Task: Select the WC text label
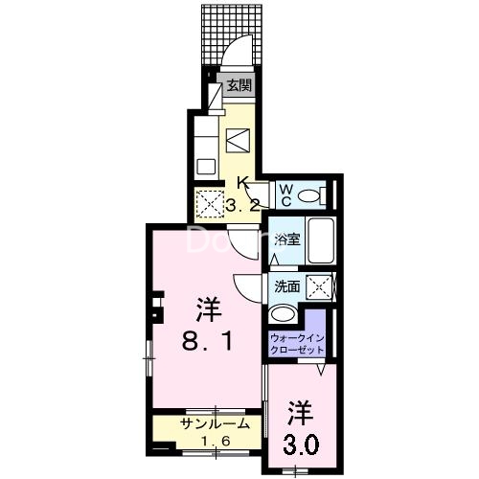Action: click(285, 194)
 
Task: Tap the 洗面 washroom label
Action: click(286, 286)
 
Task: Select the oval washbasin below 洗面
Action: click(284, 313)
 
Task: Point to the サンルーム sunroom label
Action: click(216, 422)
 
